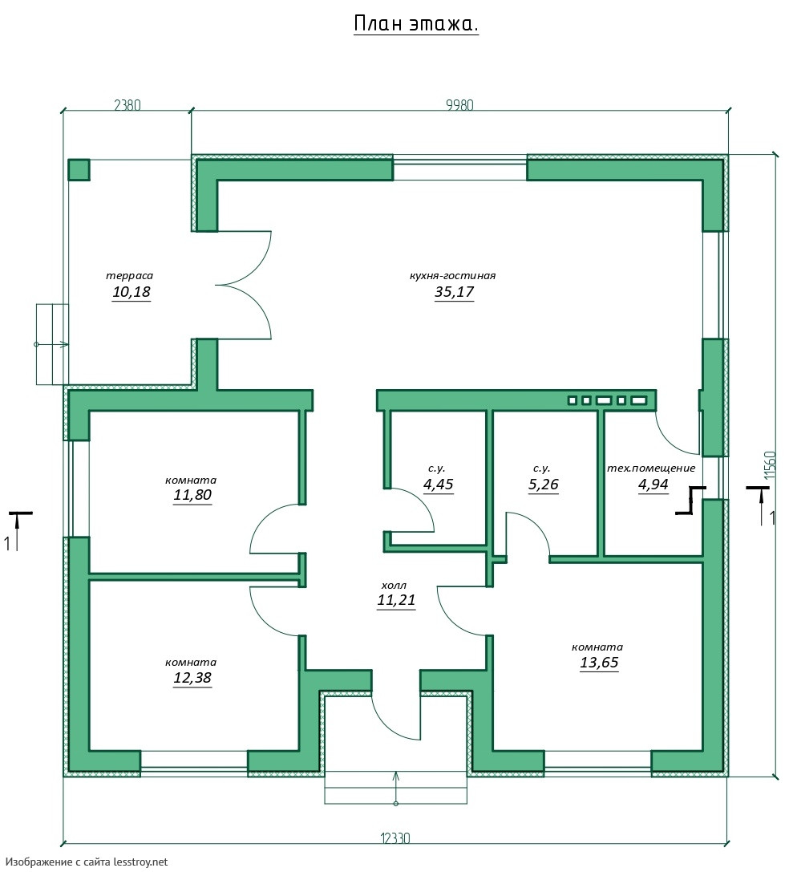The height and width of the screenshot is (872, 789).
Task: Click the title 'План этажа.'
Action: [x=416, y=24]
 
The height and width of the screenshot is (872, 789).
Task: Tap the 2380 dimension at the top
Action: [x=127, y=105]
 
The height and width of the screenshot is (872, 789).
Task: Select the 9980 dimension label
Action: [x=459, y=105]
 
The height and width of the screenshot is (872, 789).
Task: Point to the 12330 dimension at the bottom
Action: [x=395, y=838]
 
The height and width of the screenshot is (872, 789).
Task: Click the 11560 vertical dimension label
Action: [x=769, y=465]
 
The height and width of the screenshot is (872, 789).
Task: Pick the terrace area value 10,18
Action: [x=131, y=292]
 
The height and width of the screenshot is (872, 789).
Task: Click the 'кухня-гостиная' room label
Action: [x=452, y=275]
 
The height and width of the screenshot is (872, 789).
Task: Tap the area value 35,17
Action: [x=455, y=292]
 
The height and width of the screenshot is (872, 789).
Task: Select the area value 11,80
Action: [x=192, y=494]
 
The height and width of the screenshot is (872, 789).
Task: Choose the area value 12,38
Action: [x=192, y=677]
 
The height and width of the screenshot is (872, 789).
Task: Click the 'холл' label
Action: [x=394, y=585]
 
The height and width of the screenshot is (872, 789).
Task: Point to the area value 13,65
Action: [x=599, y=663]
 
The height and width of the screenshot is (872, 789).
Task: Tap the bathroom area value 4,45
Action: [x=439, y=485]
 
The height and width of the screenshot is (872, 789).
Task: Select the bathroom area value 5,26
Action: [x=543, y=485]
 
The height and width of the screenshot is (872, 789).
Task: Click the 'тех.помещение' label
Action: [x=651, y=468]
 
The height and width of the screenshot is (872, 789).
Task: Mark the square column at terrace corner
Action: [x=79, y=169]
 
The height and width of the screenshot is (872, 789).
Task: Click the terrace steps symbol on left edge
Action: [x=52, y=344]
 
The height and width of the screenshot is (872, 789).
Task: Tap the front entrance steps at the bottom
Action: [x=396, y=788]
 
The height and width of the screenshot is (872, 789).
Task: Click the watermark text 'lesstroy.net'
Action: [x=140, y=862]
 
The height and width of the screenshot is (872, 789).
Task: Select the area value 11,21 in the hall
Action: [x=396, y=600]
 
